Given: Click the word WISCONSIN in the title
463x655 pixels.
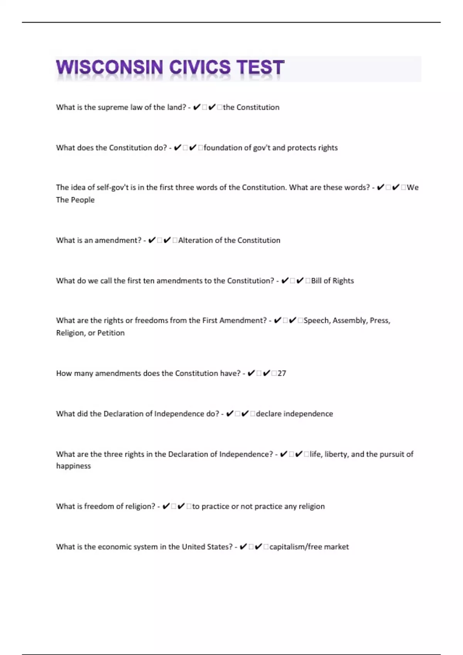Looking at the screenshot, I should click(x=109, y=67).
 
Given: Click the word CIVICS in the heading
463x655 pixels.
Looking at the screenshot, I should click(x=200, y=67).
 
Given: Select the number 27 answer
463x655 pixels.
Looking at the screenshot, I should click(x=282, y=373).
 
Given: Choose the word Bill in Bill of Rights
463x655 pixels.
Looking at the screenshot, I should click(x=316, y=280).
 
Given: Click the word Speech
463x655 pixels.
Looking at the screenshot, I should click(x=316, y=321).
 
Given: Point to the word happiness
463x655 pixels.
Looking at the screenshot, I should click(x=73, y=466).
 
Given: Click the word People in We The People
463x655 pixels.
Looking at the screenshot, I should click(x=84, y=200).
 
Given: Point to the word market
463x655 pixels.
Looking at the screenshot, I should click(x=336, y=547).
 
